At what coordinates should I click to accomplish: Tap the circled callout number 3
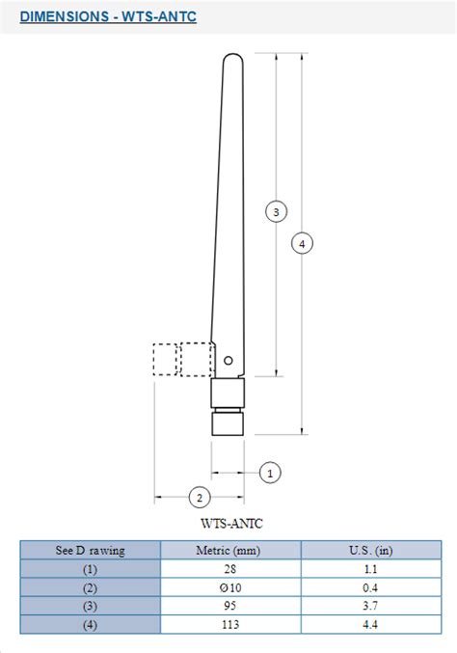276,211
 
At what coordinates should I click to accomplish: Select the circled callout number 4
302,244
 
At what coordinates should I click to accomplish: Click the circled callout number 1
271,473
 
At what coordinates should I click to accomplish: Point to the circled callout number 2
199,498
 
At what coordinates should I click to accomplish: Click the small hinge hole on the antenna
228,361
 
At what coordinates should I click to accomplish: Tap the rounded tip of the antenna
231,60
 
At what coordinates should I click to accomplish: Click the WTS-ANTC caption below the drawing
231,524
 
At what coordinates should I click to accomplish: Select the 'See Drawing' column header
90,550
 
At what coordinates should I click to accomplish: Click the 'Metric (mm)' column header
230,550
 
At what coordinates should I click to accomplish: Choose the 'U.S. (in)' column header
371,550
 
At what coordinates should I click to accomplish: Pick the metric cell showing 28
230,569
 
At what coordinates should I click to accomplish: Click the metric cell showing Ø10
230,587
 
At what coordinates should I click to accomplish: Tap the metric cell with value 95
230,606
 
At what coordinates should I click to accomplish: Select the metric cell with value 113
230,624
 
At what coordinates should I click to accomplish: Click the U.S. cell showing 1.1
371,569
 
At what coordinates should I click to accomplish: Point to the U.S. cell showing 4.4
371,624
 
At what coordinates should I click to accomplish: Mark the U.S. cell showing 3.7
371,606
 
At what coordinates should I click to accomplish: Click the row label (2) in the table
90,587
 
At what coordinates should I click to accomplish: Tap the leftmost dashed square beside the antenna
166,359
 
